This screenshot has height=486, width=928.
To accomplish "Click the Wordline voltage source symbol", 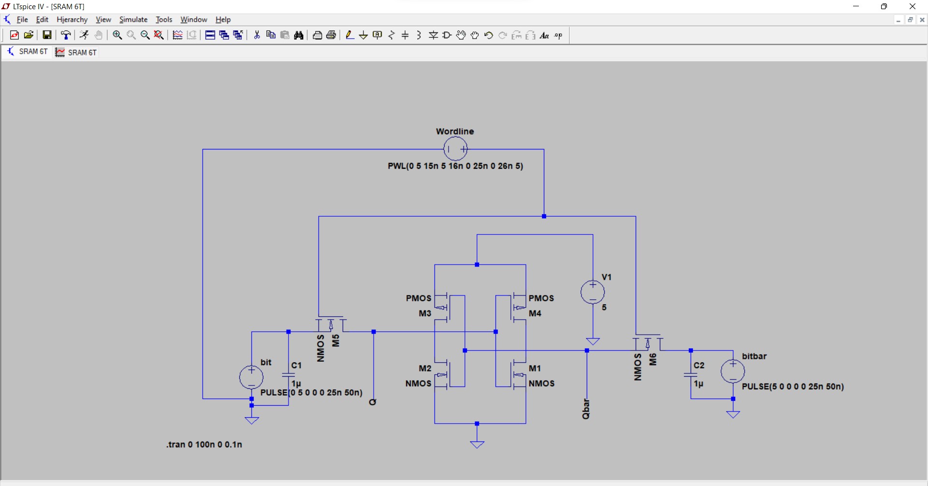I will point(455,149).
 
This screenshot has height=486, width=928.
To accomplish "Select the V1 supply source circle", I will point(593,292).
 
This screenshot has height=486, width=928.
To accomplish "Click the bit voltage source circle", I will point(251,377).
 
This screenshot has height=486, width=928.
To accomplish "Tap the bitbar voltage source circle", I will point(733,371).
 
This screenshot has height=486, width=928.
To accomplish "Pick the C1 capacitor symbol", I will point(289,375).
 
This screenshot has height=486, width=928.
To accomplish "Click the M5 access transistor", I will point(331,324).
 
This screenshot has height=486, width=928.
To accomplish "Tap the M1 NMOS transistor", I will point(518,375).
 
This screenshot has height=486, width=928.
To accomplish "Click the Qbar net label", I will point(586,409).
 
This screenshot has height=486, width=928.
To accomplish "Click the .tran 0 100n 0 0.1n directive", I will point(204,444).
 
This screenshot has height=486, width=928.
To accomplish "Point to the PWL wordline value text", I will point(455,166).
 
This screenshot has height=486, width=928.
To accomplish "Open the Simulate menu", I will point(133,20).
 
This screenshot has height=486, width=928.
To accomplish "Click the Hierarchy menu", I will point(72,20).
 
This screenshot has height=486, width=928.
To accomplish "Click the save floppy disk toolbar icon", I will point(47,35).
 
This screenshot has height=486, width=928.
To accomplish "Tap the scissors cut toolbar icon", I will point(257,35).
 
